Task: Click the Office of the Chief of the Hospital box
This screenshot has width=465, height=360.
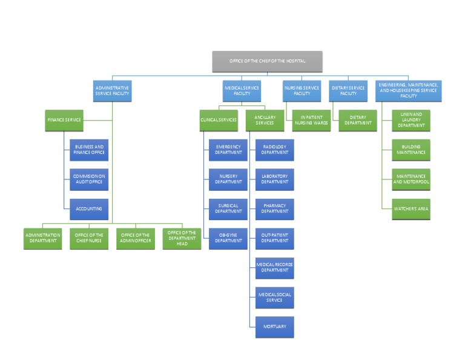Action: pos(267,62)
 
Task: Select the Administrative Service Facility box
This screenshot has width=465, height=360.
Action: pos(112,91)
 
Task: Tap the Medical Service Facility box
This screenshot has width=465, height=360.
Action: pos(242,91)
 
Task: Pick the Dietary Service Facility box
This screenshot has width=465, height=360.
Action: pos(348,91)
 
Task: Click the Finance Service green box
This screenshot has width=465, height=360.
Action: pos(65,120)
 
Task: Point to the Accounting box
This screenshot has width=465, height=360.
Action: pos(89,209)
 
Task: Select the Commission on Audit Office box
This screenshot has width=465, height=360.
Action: pos(89,179)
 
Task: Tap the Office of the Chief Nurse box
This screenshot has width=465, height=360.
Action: pos(89,238)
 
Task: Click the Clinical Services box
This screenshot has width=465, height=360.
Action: pos(219,121)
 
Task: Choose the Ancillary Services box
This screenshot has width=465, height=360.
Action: pos(265,121)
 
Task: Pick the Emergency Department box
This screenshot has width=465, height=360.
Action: pos(228,150)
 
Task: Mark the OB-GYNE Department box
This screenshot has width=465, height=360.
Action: pos(228,238)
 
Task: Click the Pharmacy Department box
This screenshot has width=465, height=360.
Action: pos(274,209)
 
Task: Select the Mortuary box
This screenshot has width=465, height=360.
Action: pos(274,327)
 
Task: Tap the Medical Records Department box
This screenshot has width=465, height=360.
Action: pos(274,268)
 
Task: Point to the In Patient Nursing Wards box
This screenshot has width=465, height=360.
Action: pos(311,121)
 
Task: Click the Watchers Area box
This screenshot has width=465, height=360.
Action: pos(411,209)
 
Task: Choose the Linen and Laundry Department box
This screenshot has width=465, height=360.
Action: pos(411,121)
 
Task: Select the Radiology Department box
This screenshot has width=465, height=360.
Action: pos(274,150)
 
